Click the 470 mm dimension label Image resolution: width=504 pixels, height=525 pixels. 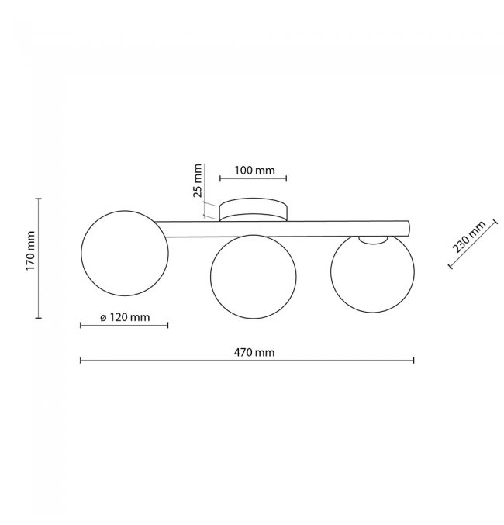click(x=254, y=353)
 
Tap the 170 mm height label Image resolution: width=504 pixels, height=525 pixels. click(x=30, y=250)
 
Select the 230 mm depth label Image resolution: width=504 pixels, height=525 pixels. click(x=469, y=237)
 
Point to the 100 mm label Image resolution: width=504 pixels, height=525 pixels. click(x=254, y=171)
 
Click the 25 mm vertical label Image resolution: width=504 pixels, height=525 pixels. click(x=198, y=181)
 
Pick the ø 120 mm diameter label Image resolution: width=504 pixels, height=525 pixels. click(x=125, y=317)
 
